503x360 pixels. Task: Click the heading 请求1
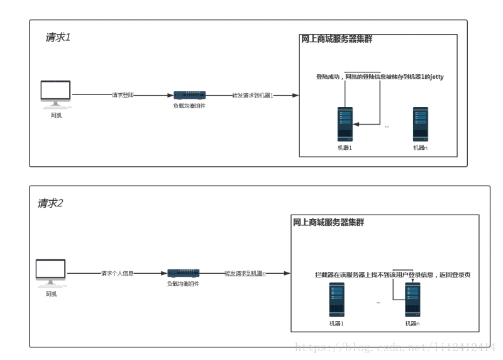[58, 37]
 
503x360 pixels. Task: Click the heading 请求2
[50, 203]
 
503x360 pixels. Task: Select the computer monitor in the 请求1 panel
[56, 93]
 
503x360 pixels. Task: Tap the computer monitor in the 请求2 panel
[51, 272]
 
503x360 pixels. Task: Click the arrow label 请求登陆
[123, 95]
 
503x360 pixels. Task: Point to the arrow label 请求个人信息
[117, 274]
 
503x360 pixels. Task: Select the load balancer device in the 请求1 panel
[190, 95]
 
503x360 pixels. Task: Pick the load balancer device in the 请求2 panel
[184, 273]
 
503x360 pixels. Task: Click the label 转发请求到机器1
[253, 95]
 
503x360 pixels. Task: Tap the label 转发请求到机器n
[245, 274]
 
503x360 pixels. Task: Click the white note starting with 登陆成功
[380, 77]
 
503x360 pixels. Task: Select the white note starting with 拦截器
[393, 275]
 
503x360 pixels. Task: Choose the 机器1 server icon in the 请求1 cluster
[345, 124]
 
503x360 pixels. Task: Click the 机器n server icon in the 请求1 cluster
[420, 124]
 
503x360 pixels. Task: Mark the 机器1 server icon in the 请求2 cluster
[337, 300]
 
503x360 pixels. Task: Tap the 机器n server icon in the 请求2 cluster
[412, 300]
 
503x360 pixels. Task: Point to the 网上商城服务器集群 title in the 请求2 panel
[328, 223]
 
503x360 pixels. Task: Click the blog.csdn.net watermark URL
[395, 347]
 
